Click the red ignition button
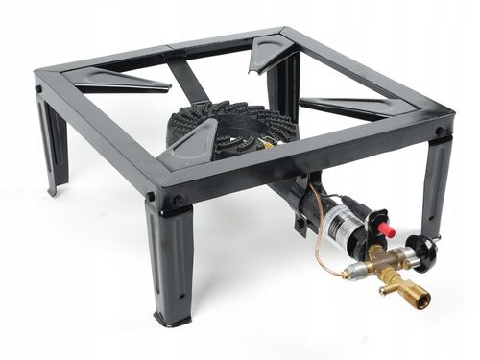click(x=386, y=229)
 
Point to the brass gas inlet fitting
click(x=418, y=300)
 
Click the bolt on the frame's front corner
click(x=177, y=201)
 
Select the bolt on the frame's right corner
click(x=439, y=132)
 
